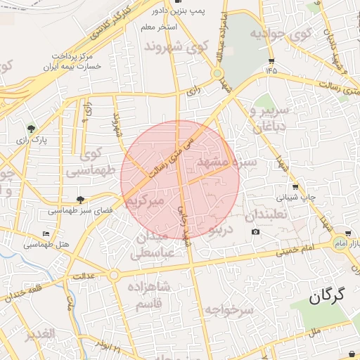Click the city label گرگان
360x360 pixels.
pos(328,296)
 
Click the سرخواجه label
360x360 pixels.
pos(229,309)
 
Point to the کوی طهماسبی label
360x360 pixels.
pos(89,161)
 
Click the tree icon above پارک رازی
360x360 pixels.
pos(31,129)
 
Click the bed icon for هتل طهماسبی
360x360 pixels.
pos(46,233)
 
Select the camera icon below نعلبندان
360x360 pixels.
pos(255,232)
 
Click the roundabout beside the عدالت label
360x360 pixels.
pos(114,274)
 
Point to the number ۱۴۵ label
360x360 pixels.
pos(271,70)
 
